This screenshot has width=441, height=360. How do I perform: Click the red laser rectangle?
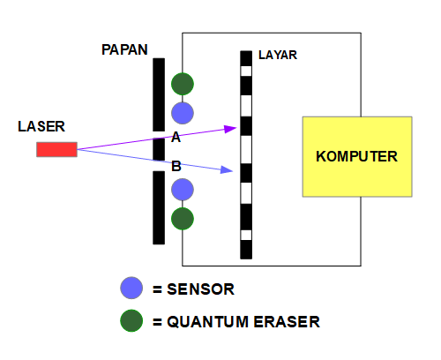coord(56,149)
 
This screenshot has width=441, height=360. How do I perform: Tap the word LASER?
coord(41,126)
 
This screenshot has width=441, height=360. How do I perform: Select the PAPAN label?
coord(125,49)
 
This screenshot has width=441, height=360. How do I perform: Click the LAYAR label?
coord(278,55)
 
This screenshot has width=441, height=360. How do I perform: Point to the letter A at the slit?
coord(176,138)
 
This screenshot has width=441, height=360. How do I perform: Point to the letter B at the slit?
coord(176,165)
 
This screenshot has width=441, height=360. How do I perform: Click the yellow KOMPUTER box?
coord(356,156)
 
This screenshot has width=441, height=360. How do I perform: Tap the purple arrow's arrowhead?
coord(231,129)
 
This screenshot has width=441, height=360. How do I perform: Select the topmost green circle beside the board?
coord(183,84)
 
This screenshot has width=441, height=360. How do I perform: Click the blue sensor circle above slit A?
coord(183,112)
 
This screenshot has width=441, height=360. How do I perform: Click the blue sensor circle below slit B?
coord(183,190)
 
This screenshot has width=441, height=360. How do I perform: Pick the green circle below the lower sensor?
coord(183,218)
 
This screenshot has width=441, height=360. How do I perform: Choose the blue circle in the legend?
coord(131,289)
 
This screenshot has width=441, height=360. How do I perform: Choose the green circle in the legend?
coord(131,320)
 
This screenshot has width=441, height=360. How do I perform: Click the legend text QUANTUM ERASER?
coord(235,322)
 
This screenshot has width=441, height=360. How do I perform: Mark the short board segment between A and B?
coord(159,149)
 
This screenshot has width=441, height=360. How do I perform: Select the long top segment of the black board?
coord(159,94)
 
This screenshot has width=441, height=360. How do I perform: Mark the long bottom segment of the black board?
coord(159,207)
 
